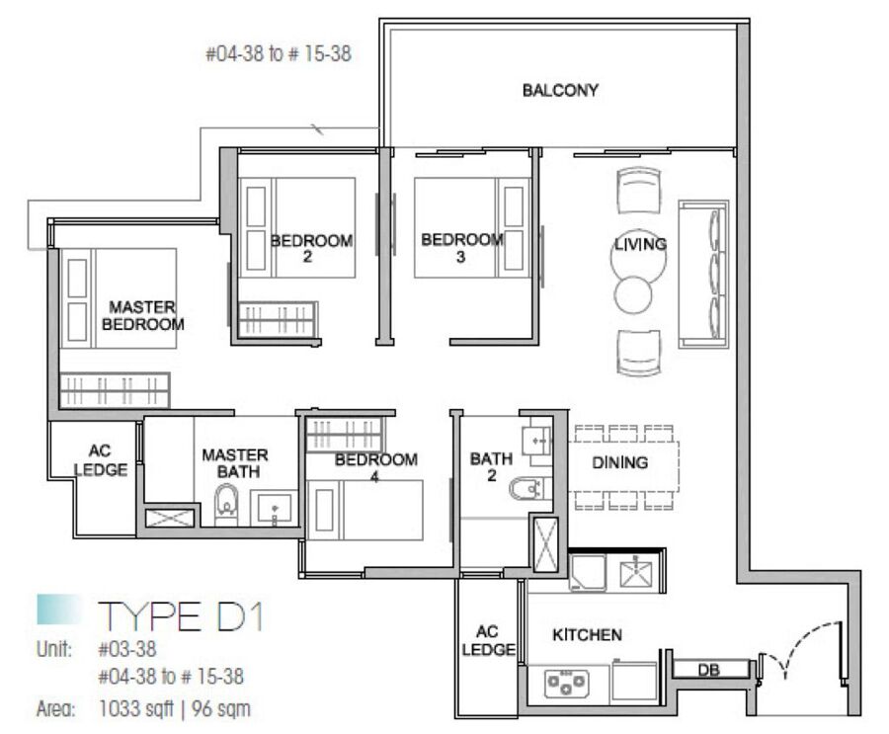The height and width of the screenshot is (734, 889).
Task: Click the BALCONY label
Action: coord(560,90)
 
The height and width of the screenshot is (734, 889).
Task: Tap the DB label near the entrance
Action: coord(708,670)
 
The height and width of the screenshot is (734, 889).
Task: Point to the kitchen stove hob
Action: coord(566,683)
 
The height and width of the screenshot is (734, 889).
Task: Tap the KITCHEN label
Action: coord(587,635)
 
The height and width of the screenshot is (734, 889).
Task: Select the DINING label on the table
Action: coord(619,462)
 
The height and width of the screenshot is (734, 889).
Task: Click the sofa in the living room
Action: coord(703,274)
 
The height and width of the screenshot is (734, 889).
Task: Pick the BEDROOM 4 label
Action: coord(375,467)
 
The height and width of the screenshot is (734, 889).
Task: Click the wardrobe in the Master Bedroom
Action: coord(116,389)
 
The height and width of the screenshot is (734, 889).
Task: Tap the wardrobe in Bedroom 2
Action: coord(278,320)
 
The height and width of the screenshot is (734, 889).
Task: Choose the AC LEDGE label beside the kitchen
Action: coord(488,640)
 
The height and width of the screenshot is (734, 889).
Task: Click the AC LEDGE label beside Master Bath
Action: coord(101,460)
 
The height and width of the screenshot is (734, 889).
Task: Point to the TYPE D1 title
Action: coord(181,616)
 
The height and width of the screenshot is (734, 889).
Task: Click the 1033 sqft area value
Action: coord(136,709)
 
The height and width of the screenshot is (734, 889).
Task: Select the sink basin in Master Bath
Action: coord(274,507)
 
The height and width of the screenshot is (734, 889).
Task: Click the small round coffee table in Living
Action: coord(633,294)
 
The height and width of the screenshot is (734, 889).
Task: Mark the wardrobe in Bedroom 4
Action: coord(345,435)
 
